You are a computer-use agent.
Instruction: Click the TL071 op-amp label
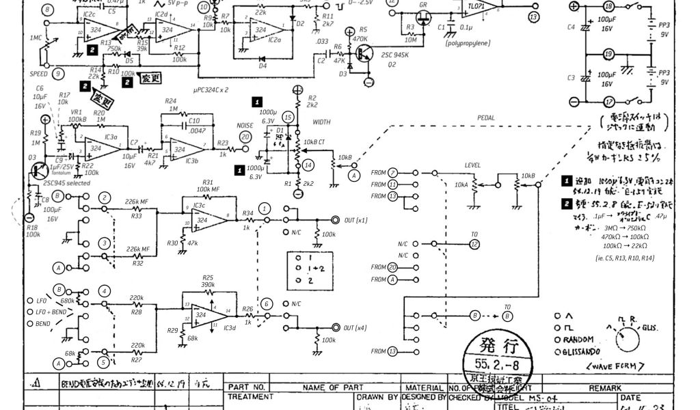point(474,6)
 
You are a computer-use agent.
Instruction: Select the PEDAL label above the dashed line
point(487,118)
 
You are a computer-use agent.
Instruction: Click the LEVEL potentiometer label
point(473,165)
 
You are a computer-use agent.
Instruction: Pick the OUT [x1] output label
point(355,220)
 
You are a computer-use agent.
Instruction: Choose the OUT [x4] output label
point(355,327)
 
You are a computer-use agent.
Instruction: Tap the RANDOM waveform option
point(581,340)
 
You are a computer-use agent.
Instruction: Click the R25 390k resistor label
point(208,281)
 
